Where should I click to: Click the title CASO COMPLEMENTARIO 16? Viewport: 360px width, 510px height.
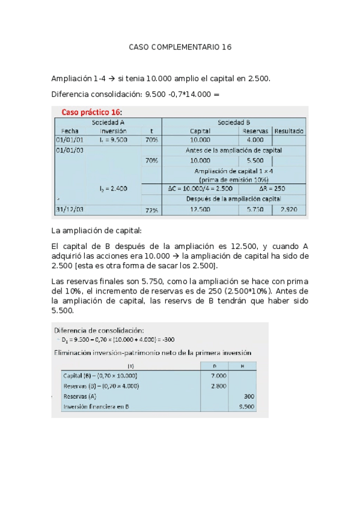pyautogui.click(x=180, y=47)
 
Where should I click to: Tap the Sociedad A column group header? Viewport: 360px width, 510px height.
pyautogui.click(x=108, y=122)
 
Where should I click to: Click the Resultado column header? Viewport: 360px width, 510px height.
pyautogui.click(x=289, y=131)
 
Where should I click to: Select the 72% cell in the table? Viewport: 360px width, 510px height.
pyautogui.click(x=151, y=210)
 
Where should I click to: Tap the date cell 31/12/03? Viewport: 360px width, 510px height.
pyautogui.click(x=70, y=210)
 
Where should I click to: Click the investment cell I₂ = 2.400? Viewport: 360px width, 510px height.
pyautogui.click(x=113, y=189)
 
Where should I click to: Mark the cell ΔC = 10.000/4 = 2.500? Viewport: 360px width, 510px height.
pyautogui.click(x=200, y=189)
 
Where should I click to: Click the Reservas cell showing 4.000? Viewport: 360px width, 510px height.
pyautogui.click(x=255, y=140)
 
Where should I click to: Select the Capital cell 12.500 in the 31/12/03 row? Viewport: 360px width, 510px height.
pyautogui.click(x=200, y=210)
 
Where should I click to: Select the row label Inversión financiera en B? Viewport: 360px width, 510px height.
pyautogui.click(x=96, y=407)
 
